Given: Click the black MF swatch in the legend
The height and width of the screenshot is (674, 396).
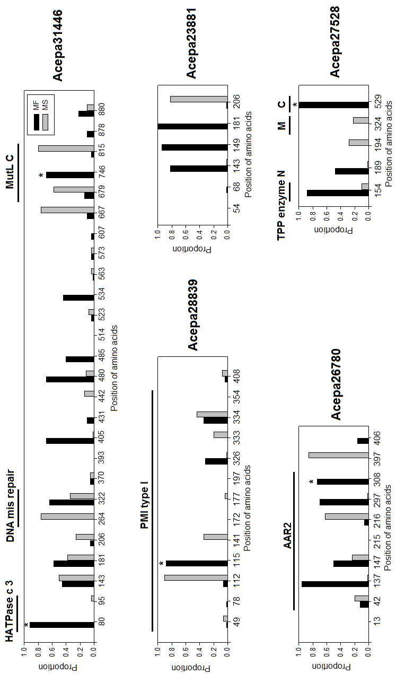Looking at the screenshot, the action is click(x=37, y=122).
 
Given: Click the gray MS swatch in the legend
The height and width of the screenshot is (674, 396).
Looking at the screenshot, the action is click(x=45, y=122).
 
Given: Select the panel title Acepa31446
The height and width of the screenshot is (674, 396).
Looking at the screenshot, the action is click(x=58, y=45).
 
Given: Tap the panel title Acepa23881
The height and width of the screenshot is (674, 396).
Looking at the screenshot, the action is click(x=191, y=43).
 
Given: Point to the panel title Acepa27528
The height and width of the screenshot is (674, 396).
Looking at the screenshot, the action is click(x=335, y=41).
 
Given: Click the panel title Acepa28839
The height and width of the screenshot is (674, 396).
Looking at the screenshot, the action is click(x=192, y=315).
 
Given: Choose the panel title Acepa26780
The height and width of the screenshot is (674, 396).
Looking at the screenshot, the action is click(x=336, y=384).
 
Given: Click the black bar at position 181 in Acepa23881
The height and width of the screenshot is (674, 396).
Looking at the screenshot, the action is click(x=192, y=126).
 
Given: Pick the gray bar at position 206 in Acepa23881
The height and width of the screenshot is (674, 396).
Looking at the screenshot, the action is click(x=199, y=99).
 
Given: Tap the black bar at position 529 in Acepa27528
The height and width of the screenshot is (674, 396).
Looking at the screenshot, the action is click(x=334, y=105).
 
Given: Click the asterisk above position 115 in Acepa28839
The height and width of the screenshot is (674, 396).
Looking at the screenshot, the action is click(x=162, y=563).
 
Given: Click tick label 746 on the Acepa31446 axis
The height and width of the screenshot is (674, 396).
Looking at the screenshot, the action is click(x=102, y=174).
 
